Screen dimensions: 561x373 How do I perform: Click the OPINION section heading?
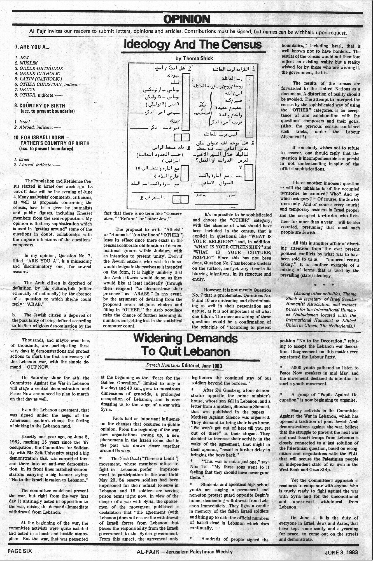click(186, 19)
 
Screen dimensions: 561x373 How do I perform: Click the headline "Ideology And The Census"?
click(193, 45)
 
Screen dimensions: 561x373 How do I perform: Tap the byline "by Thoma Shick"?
click(194, 58)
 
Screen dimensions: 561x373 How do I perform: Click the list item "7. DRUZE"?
click(25, 90)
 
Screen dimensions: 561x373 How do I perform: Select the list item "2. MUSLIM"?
click(26, 63)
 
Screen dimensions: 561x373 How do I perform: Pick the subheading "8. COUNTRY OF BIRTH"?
click(39, 106)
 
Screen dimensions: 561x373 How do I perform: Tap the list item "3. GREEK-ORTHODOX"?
click(39, 68)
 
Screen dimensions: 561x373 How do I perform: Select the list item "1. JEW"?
click(22, 58)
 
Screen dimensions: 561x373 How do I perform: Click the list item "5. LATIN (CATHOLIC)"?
click(38, 79)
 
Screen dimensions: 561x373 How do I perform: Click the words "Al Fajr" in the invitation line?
click(38, 32)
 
